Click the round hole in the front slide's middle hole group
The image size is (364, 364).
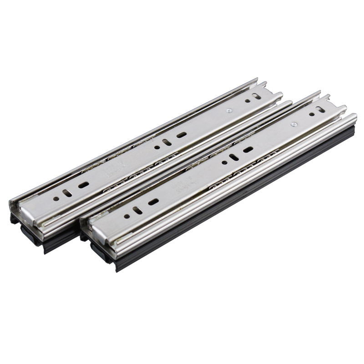(224, 162)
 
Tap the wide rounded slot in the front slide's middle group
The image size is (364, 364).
(248, 150)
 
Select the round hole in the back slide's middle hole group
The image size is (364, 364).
(157, 147)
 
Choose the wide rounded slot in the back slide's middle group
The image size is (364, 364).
(181, 135)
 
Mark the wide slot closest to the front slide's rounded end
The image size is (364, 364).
(153, 202)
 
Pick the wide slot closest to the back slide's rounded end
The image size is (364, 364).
(84, 185)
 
